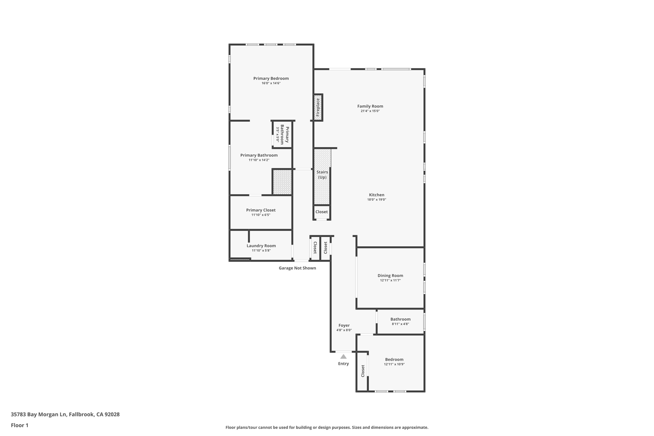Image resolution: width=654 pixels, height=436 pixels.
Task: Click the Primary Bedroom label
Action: pos(271,78)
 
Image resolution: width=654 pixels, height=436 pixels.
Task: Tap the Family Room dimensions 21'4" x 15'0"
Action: pos(370,111)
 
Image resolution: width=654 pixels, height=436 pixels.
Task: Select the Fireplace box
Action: pos(318,107)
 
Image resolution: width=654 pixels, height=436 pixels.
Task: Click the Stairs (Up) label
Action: pos(322,174)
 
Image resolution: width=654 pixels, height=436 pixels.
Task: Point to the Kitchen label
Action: pos(376,195)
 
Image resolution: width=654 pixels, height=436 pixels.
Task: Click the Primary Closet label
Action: pos(261,210)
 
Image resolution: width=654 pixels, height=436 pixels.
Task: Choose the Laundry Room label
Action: pos(261,246)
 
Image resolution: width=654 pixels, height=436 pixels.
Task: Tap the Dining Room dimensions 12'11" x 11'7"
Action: pos(390,280)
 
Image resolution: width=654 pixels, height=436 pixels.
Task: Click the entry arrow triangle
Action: pos(343,356)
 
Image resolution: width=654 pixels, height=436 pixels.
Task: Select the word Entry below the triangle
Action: pos(343,364)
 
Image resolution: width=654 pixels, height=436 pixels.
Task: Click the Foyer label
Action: pos(344,325)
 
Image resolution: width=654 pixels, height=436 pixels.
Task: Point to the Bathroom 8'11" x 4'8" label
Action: pos(400,319)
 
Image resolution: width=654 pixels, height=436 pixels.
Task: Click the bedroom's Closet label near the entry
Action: pos(363,371)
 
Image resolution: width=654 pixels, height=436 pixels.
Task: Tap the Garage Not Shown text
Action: pos(297,268)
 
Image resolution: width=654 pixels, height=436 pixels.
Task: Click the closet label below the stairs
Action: pos(322,212)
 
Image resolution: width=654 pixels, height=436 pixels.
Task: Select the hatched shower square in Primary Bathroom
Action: pos(282,182)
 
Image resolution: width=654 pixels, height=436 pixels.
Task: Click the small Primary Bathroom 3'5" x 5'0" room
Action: pos(282,134)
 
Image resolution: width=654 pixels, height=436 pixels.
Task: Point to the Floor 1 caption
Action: pos(19,425)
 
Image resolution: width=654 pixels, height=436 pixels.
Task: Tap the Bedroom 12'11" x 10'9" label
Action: pos(394,360)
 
